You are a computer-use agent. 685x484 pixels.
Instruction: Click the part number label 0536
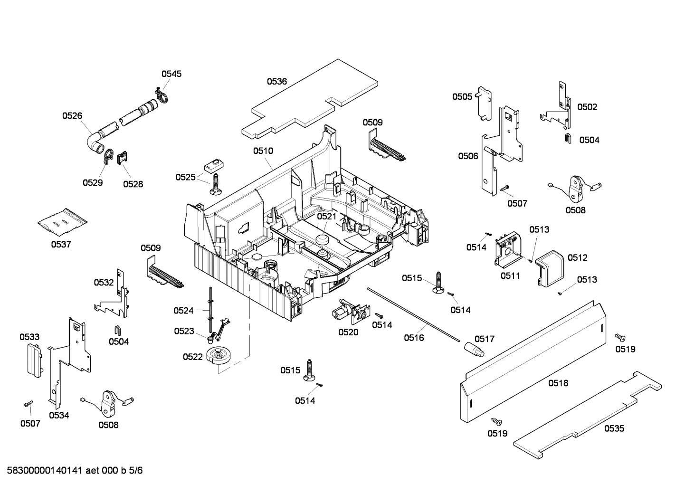(276, 81)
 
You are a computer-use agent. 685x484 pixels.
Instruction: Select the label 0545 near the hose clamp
(171, 74)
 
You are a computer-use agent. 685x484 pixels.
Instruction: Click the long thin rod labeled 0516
(413, 313)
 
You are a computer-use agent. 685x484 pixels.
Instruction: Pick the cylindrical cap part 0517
(474, 350)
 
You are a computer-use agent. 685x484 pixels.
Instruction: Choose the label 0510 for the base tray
(263, 151)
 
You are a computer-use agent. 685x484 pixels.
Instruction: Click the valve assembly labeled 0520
(349, 311)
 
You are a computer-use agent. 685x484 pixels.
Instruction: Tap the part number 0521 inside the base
(326, 216)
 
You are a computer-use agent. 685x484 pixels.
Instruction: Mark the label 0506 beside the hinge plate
(468, 156)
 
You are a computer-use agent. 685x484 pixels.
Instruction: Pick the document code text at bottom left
(72, 471)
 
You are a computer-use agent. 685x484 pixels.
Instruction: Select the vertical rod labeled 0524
(209, 311)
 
